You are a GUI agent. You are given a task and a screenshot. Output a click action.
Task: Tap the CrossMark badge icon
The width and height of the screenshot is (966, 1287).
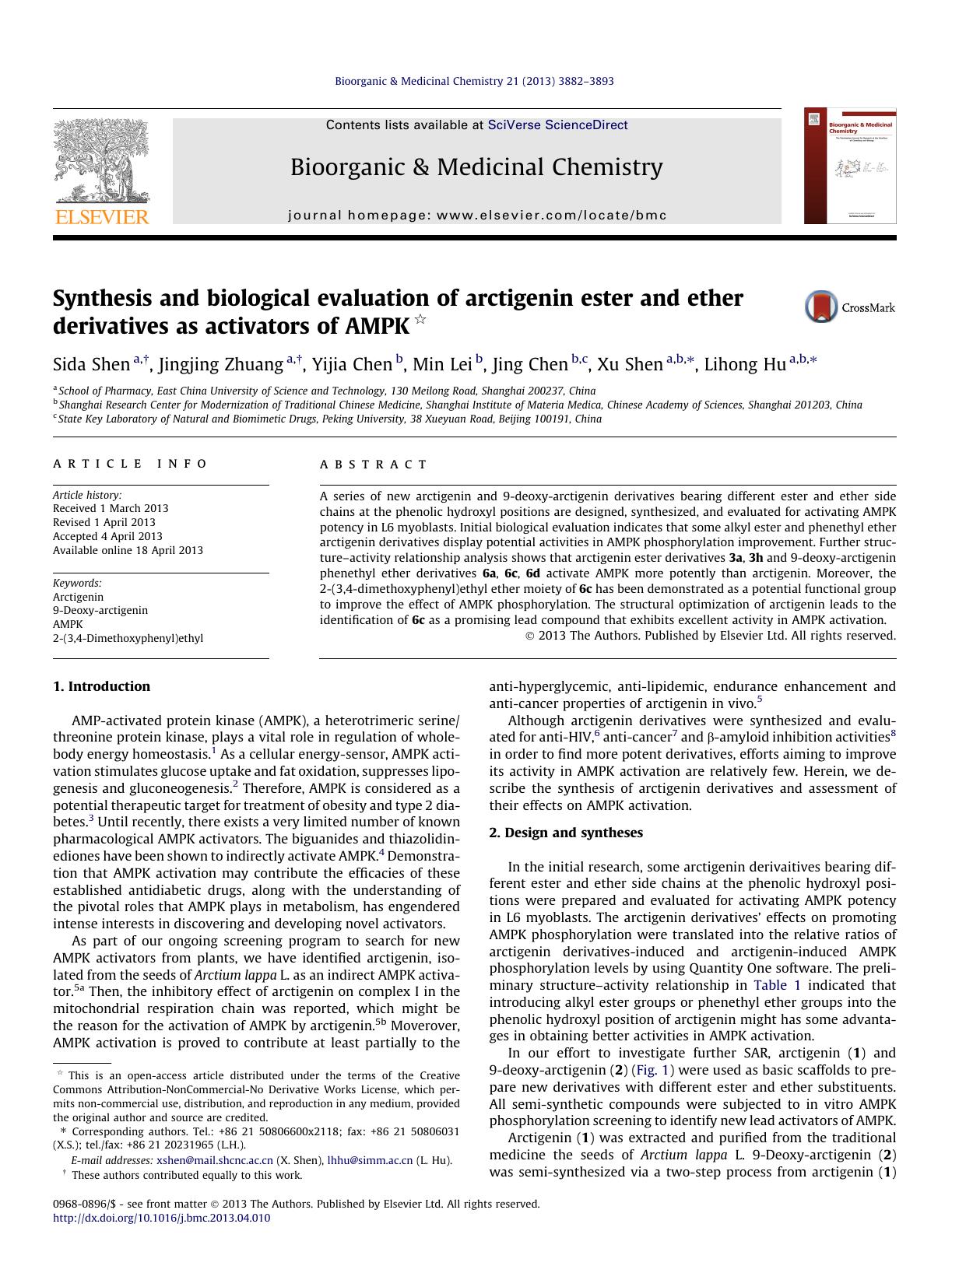(820, 307)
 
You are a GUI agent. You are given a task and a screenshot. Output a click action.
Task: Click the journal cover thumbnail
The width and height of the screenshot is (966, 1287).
(849, 167)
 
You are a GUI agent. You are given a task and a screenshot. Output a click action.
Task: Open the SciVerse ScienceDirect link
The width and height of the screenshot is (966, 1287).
(557, 124)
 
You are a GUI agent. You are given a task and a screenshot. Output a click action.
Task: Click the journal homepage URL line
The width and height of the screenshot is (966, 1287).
(477, 216)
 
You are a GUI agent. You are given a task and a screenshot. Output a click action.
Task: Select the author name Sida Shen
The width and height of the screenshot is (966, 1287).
(91, 364)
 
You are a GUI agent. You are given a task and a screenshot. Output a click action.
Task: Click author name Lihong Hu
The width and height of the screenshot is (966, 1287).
(745, 364)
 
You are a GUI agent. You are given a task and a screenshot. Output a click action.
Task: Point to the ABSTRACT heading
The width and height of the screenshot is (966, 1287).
(374, 465)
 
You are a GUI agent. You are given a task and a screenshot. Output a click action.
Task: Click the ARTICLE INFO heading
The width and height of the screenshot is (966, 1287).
(130, 464)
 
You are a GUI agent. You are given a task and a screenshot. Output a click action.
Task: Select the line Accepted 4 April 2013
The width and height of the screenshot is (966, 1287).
(107, 536)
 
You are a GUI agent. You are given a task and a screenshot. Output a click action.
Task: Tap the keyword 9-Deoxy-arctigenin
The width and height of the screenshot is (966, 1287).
(100, 610)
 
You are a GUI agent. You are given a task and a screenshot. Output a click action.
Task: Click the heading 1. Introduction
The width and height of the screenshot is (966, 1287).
(101, 686)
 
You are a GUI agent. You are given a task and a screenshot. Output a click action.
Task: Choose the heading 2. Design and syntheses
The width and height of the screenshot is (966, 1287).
(566, 833)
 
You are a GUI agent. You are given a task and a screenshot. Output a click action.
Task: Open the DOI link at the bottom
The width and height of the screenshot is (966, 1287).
(162, 1218)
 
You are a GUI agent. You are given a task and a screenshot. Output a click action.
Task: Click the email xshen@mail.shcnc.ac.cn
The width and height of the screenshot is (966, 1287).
(215, 1160)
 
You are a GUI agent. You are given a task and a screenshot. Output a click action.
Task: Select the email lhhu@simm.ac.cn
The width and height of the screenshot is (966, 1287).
(370, 1160)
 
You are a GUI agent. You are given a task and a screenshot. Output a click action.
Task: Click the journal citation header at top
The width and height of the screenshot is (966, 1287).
(474, 81)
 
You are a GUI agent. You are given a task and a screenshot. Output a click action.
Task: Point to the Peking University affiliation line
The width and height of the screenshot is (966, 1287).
(327, 419)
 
